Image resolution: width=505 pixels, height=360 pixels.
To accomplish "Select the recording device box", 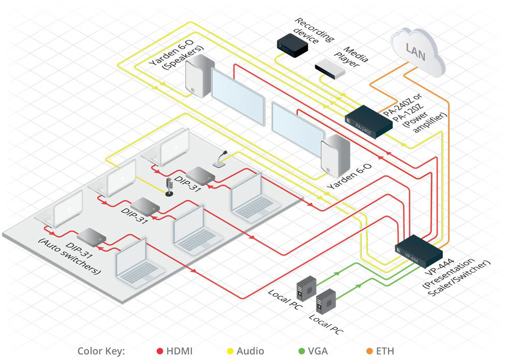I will (x=292, y=43).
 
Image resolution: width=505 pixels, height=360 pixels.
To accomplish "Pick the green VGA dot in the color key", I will (x=301, y=351).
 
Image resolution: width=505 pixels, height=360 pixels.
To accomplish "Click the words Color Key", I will (x=101, y=351).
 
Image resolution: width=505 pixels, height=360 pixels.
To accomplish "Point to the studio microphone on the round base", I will (x=169, y=187).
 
